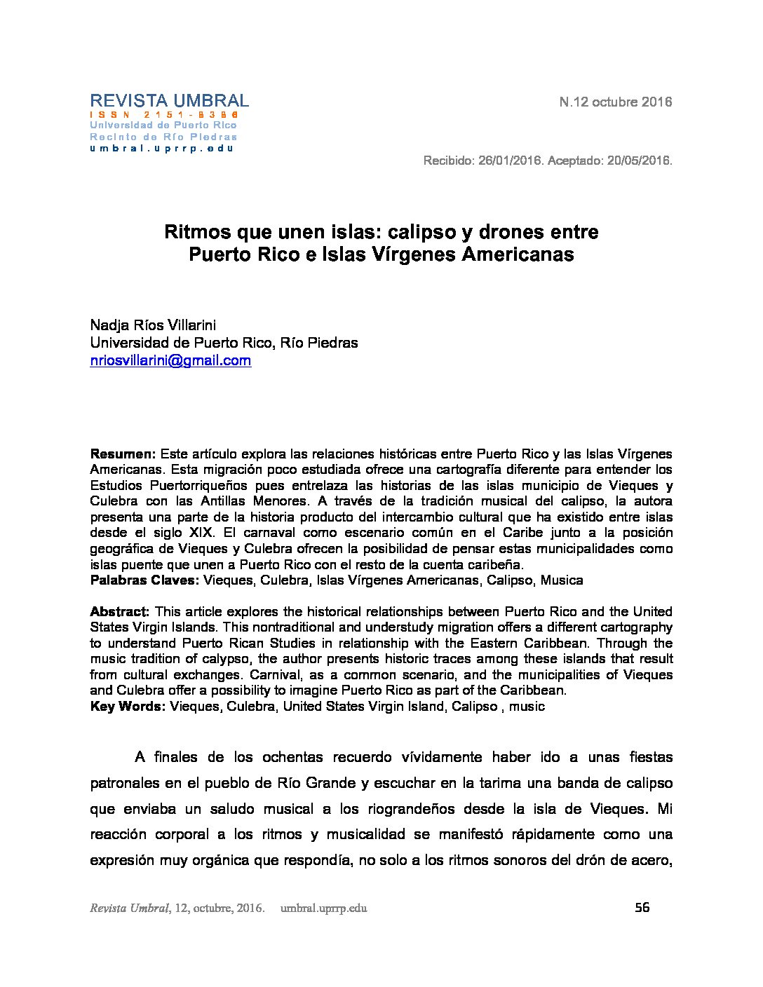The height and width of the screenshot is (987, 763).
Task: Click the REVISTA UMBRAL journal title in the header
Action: (169, 101)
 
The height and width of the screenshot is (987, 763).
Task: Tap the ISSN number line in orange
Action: (164, 114)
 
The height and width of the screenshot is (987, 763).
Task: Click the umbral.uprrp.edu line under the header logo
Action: (161, 148)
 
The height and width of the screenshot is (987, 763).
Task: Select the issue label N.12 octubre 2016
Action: (615, 102)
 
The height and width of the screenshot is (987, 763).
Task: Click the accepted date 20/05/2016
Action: (638, 161)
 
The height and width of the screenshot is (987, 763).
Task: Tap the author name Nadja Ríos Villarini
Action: (153, 325)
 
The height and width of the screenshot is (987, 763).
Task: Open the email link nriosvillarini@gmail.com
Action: (170, 361)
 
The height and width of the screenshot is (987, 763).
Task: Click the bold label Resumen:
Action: (123, 454)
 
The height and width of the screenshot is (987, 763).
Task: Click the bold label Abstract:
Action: (120, 612)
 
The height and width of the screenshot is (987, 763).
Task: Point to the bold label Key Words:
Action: (128, 707)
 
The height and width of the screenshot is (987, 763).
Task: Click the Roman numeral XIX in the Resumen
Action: (201, 533)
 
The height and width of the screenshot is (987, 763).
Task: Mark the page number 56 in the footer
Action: (642, 908)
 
